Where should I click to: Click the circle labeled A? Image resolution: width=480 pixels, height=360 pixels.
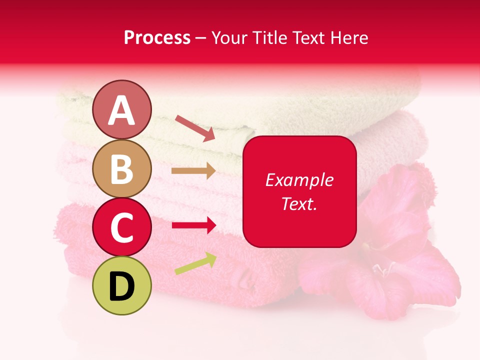(x=121, y=110)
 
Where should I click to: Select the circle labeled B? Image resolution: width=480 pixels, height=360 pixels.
(x=121, y=169)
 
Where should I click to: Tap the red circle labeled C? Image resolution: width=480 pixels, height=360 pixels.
(x=121, y=227)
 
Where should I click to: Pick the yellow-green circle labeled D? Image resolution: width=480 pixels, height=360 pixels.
(x=121, y=285)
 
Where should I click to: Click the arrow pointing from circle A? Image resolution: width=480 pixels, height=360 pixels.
(x=195, y=128)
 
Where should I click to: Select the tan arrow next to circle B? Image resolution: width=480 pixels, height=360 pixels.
(x=193, y=171)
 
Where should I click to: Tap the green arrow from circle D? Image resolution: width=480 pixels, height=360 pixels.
(x=195, y=263)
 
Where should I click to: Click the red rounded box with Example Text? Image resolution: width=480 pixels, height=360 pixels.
(x=299, y=191)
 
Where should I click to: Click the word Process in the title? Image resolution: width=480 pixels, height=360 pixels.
(x=157, y=38)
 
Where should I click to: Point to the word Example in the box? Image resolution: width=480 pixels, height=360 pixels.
(x=299, y=180)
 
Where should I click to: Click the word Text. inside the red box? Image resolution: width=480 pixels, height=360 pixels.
(x=299, y=203)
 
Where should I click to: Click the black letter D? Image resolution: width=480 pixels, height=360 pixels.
(x=121, y=286)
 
